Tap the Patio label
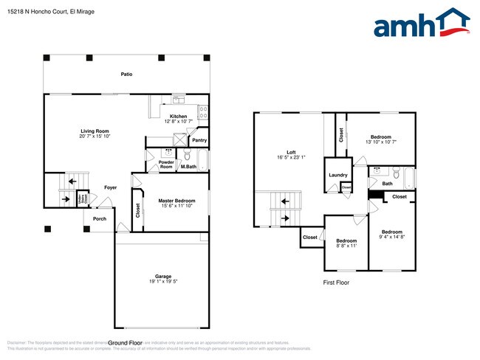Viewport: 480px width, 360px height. pos(127,75)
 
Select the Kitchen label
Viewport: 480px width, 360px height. pos(179,116)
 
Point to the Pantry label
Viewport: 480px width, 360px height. pos(199,140)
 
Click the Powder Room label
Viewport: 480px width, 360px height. pos(166,165)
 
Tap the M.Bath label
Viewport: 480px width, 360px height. pos(188,167)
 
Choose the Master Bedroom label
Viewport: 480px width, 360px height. pos(176,200)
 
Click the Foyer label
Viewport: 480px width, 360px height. pos(110,187)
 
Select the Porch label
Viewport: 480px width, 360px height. pos(99,218)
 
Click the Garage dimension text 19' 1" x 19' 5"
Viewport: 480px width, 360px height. pos(163,282)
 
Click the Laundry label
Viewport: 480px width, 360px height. pos(338,175)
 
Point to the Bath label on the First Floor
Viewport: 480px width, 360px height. pos(387,184)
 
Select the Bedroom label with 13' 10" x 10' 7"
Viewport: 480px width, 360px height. pos(381,137)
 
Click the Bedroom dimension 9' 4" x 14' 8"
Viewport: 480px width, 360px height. pos(391,237)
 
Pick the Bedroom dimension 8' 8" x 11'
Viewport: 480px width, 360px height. pos(346,246)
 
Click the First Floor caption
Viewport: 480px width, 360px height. pos(337,283)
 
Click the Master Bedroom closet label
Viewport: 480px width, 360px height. pos(138,211)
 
